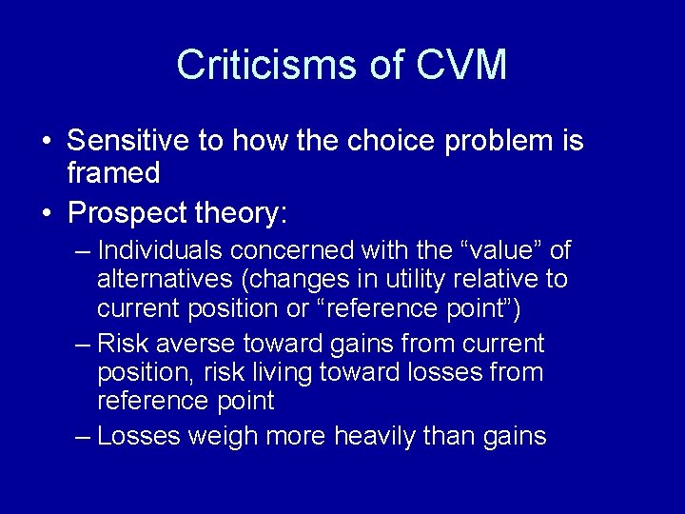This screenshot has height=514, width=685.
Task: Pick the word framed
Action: [x=113, y=173]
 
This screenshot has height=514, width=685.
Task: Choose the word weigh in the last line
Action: [x=216, y=437]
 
